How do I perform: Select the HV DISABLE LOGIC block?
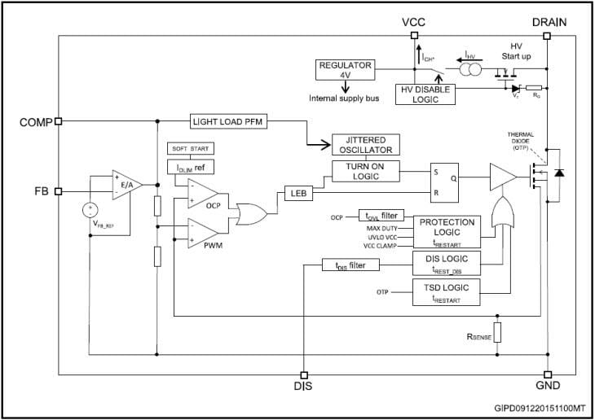pyautogui.click(x=426, y=94)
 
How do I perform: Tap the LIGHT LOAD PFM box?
pyautogui.click(x=230, y=121)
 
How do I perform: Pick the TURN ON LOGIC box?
pyautogui.click(x=366, y=171)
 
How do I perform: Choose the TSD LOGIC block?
pyautogui.click(x=447, y=291)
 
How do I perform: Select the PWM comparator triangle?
pyautogui.click(x=208, y=233)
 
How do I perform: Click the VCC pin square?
pyautogui.click(x=414, y=36)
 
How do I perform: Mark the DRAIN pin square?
pyautogui.click(x=547, y=36)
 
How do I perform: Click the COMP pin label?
pyautogui.click(x=34, y=122)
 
